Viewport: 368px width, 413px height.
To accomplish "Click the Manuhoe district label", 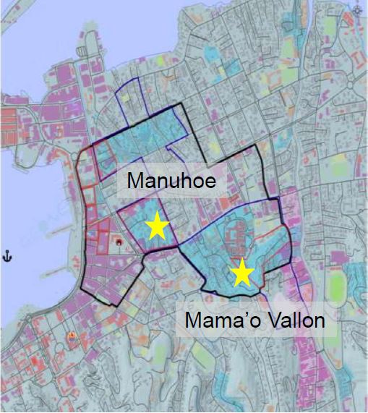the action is (x=171, y=181).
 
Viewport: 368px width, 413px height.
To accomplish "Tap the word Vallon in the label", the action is (x=294, y=320).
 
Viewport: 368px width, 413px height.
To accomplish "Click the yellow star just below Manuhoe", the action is (x=157, y=227).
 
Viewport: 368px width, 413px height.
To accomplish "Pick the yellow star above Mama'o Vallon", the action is (x=241, y=273).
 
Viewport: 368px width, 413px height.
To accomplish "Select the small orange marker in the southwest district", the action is (x=70, y=336).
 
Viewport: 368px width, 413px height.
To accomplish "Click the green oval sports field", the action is (x=335, y=284).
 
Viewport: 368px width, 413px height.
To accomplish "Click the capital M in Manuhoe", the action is (x=134, y=181).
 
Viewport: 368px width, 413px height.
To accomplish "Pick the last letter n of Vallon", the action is (x=319, y=321).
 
